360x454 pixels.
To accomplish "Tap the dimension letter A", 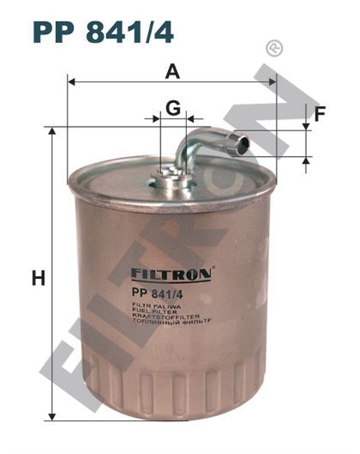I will coord(171,71).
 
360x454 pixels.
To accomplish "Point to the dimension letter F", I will coord(320,113).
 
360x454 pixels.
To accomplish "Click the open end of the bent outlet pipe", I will coord(243,146).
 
